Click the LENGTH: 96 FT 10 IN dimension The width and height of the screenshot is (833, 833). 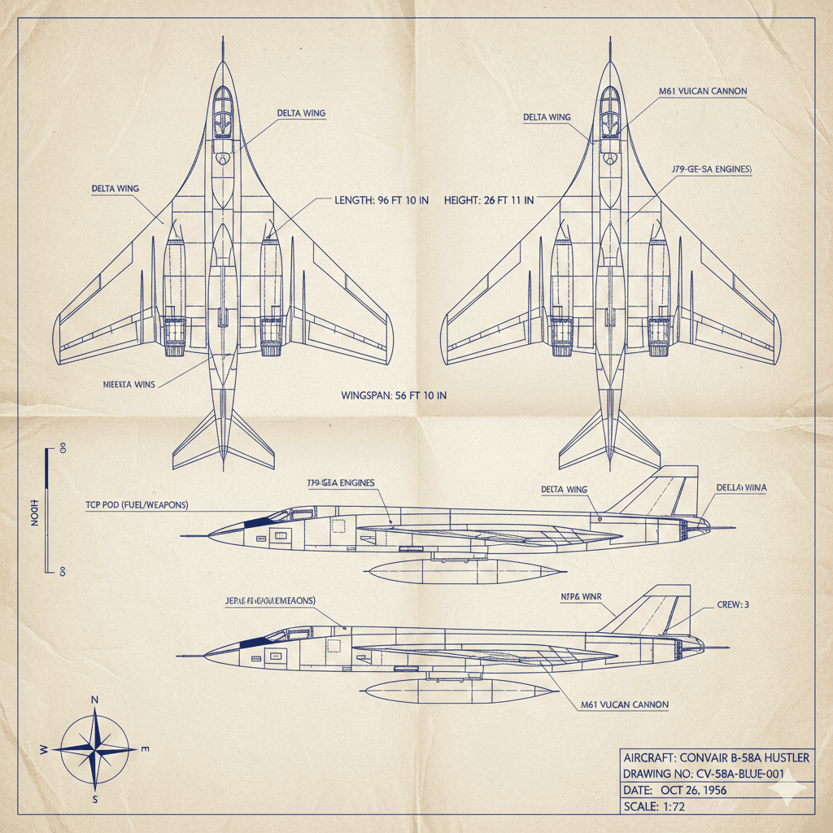(382, 200)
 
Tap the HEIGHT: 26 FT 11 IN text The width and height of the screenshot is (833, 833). (489, 200)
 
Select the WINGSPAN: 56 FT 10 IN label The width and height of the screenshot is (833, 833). (394, 395)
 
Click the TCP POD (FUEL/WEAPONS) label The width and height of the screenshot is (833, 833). (137, 504)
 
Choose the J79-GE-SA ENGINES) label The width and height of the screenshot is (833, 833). (712, 169)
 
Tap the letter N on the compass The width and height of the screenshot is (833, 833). (95, 700)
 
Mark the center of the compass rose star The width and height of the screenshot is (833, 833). (96, 748)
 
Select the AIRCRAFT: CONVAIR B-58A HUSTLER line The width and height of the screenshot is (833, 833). (716, 757)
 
